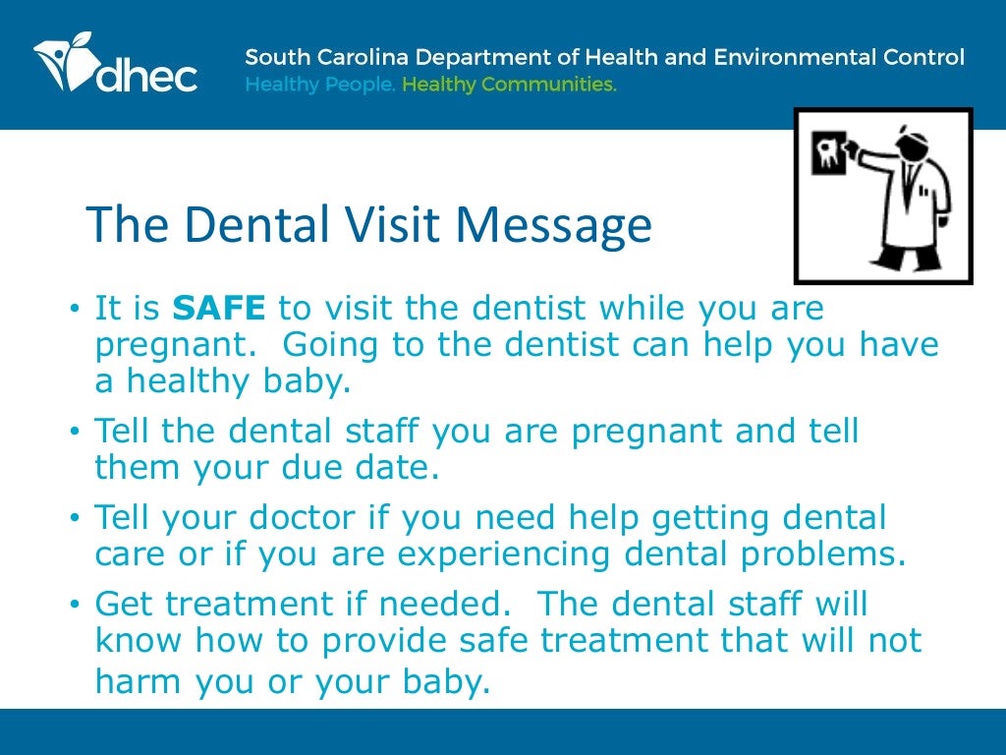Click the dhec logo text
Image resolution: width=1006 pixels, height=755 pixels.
(x=147, y=76)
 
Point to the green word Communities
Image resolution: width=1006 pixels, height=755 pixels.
(x=557, y=85)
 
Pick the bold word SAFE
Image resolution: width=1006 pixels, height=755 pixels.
(x=219, y=309)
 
